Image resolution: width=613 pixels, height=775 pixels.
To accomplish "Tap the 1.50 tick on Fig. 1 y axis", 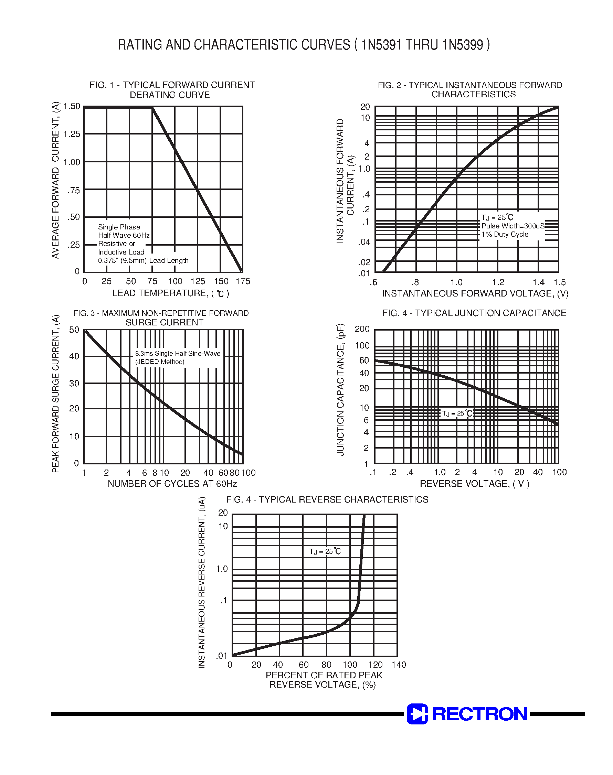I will coord(72,106).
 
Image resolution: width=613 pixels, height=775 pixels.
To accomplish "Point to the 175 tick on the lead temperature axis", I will coord(243,281).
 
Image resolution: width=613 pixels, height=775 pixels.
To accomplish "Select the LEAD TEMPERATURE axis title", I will coord(171,293).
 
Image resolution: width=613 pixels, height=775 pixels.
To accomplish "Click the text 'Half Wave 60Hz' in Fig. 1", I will coord(124,235).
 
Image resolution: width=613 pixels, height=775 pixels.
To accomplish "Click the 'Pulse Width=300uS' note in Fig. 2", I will coord(513,226).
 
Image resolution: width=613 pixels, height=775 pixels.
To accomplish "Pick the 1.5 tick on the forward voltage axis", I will coord(560,282).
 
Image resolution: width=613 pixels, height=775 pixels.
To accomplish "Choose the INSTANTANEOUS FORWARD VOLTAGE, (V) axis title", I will coord(475,294).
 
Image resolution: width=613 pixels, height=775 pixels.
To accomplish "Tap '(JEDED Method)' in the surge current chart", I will coord(160,362).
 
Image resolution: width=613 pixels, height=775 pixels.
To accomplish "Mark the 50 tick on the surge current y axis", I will coord(74,330).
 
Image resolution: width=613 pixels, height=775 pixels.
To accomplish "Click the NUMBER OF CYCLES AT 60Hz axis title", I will coord(172,484).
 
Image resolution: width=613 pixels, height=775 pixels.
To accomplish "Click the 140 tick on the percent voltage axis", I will coord(399,665).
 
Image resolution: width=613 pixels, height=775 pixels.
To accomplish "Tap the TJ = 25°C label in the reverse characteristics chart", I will coord(325,551).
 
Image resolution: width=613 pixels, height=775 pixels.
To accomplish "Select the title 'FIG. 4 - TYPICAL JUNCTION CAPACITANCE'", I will coord(474,313).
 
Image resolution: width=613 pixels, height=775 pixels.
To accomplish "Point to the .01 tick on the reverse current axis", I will coord(221,656).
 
